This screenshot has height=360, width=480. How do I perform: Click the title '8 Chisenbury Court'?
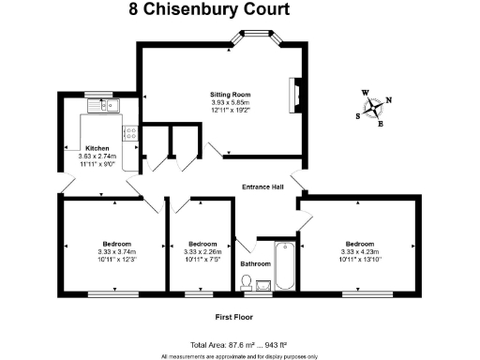(208, 10)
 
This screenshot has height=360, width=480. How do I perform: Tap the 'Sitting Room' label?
(230, 95)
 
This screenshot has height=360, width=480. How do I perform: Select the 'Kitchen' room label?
(97, 149)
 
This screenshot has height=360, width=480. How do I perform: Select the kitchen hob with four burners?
(130, 133)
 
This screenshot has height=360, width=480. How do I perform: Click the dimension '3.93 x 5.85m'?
(230, 103)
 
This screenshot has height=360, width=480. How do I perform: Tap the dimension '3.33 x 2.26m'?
(202, 250)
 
